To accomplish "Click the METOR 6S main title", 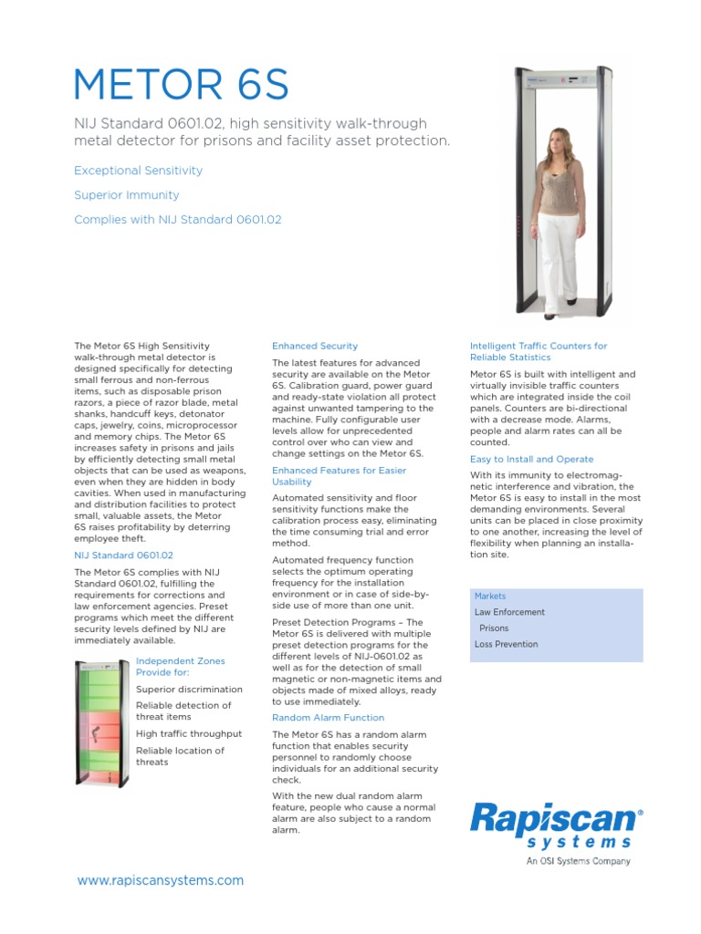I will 181,85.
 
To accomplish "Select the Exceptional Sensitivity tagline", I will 138,171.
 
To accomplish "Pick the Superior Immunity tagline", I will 126,195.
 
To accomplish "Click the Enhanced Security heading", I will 315,347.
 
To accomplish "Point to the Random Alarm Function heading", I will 329,718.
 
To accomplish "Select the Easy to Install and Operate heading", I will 531,460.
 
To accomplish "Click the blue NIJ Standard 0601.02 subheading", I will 123,555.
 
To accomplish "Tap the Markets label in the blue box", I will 491,597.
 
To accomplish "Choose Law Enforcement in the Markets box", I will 509,613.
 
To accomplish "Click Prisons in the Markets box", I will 494,628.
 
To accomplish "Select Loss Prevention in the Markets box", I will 506,645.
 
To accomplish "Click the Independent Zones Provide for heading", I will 180,667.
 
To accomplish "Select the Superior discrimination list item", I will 189,690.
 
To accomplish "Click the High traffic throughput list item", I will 189,733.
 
